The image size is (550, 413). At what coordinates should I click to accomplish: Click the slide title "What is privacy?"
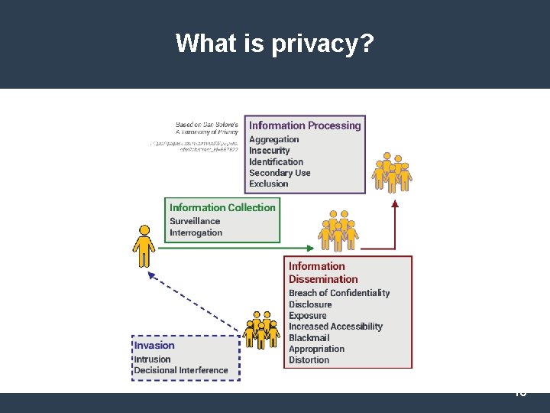tap(274, 44)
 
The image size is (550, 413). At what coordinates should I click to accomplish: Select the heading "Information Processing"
tap(305, 125)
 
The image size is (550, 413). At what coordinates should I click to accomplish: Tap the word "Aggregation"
tap(273, 139)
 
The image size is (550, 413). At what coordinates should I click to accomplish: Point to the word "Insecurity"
tap(269, 151)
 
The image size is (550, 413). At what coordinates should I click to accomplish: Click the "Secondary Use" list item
tap(280, 173)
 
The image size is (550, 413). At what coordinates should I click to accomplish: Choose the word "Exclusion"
tap(268, 184)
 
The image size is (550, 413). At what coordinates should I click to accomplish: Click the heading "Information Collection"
tap(222, 207)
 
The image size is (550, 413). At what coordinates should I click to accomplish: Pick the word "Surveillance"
tap(195, 221)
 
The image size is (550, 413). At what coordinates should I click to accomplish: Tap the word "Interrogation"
tap(196, 233)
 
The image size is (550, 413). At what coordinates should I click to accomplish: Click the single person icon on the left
tap(143, 245)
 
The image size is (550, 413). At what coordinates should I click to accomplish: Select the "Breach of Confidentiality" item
tap(339, 293)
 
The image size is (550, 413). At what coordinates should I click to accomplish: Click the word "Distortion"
tap(309, 359)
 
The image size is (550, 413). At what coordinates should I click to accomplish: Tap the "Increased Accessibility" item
tap(335, 327)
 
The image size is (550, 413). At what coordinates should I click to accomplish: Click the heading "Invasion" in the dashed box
tap(154, 345)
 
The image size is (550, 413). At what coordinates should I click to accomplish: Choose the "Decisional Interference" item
tap(181, 370)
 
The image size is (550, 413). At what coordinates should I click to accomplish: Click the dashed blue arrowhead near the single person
tap(151, 275)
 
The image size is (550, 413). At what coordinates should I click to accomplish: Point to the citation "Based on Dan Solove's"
tap(207, 124)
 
